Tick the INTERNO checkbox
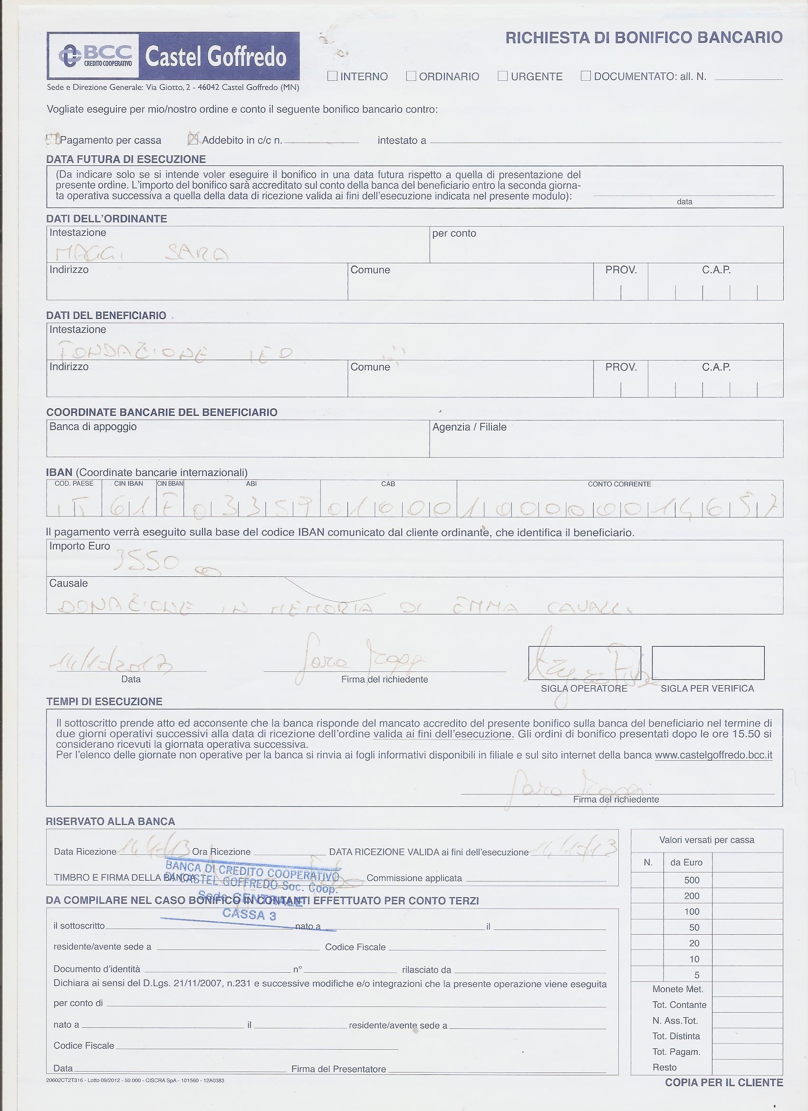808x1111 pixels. (332, 76)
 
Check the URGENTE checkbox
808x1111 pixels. (502, 76)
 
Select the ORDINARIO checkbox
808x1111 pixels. (411, 76)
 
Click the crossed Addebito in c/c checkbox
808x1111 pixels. (193, 140)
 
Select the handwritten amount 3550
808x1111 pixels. (147, 563)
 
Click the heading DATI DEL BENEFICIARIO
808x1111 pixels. (106, 316)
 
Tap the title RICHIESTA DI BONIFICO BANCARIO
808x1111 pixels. (644, 38)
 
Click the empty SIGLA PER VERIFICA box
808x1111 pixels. (708, 663)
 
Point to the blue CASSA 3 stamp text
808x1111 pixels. (249, 914)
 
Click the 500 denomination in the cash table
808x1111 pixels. (692, 880)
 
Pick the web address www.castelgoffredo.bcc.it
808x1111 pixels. (713, 755)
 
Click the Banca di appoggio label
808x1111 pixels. (93, 427)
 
